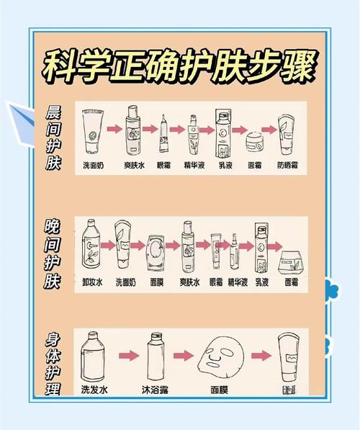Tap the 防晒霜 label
pos(287,164)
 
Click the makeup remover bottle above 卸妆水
pos(92,248)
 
